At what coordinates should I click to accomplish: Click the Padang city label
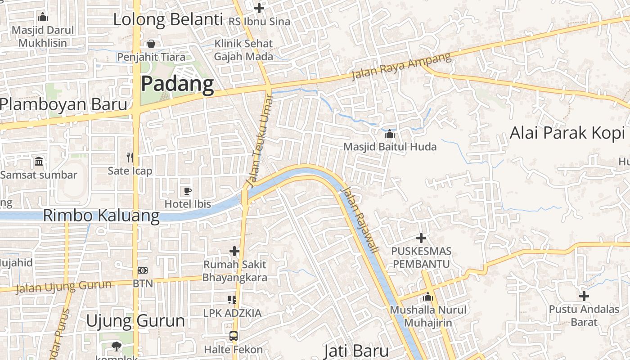(x=177, y=84)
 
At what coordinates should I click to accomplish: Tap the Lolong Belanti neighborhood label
(x=168, y=20)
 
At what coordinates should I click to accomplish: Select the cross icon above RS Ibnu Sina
(x=259, y=8)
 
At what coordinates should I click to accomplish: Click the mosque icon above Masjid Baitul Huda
(x=390, y=134)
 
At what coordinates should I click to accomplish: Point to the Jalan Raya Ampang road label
(x=401, y=66)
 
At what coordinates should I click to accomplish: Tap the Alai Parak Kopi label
(x=567, y=133)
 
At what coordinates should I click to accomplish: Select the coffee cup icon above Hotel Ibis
(x=188, y=191)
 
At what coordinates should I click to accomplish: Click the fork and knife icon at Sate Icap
(x=130, y=157)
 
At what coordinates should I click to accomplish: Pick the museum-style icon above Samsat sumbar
(x=39, y=161)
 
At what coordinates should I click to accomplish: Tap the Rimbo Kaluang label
(x=101, y=216)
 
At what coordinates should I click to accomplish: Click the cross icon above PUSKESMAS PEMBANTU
(x=421, y=238)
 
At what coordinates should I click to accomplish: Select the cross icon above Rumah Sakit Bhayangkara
(x=234, y=251)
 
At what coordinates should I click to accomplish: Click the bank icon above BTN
(x=143, y=270)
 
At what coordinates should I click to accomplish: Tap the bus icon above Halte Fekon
(x=233, y=336)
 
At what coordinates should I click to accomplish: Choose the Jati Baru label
(x=356, y=351)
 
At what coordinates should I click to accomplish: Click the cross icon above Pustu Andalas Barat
(x=584, y=296)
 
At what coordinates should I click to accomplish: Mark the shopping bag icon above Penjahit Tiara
(x=151, y=44)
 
